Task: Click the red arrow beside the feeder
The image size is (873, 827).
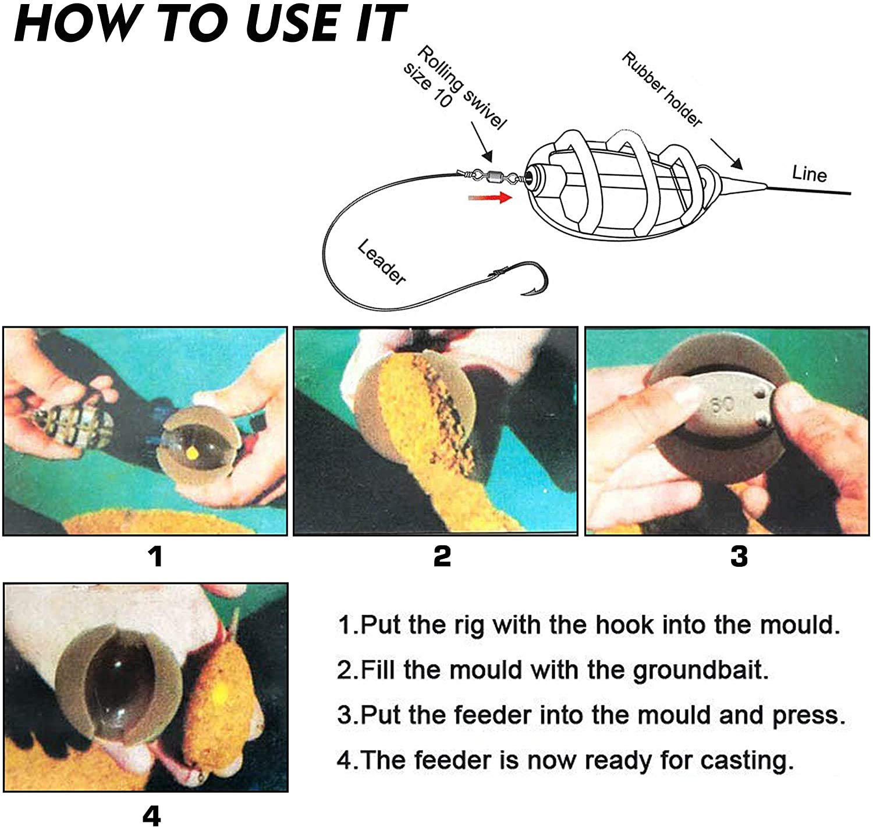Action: pyautogui.click(x=490, y=197)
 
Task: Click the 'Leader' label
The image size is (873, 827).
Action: pyautogui.click(x=381, y=262)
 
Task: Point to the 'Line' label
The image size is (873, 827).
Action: pyautogui.click(x=810, y=174)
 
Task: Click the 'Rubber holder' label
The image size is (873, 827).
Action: pyautogui.click(x=662, y=89)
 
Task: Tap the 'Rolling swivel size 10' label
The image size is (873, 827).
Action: pyautogui.click(x=455, y=87)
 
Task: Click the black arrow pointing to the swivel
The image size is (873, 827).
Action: pyautogui.click(x=481, y=142)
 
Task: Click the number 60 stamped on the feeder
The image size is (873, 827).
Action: pyautogui.click(x=722, y=404)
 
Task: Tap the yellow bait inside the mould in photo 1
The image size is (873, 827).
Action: pyautogui.click(x=192, y=452)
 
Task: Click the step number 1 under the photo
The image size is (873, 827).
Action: pyautogui.click(x=155, y=556)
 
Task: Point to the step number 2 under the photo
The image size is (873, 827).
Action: pyautogui.click(x=442, y=556)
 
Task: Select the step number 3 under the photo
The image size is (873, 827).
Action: pyautogui.click(x=739, y=556)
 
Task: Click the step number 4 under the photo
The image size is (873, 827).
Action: pyautogui.click(x=151, y=817)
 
